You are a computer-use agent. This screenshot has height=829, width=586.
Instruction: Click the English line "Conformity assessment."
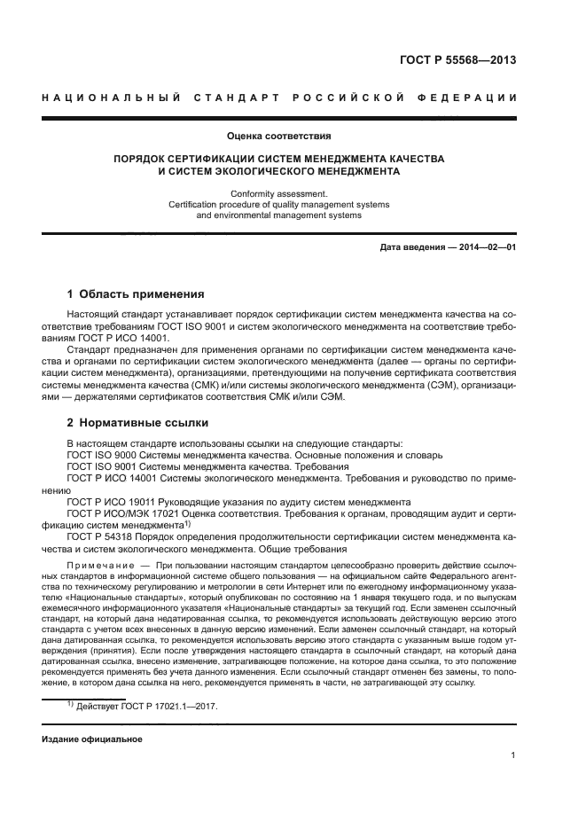[x=279, y=192]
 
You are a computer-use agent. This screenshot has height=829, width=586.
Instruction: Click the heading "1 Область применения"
[x=136, y=294]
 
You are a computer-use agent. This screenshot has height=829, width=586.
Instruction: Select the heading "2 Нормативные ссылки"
[x=137, y=423]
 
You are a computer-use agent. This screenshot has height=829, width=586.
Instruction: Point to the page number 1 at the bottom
[x=513, y=755]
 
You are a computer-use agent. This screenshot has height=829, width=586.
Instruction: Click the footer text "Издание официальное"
[x=92, y=739]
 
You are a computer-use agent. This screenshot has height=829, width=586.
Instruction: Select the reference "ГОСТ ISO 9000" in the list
[x=105, y=455]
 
